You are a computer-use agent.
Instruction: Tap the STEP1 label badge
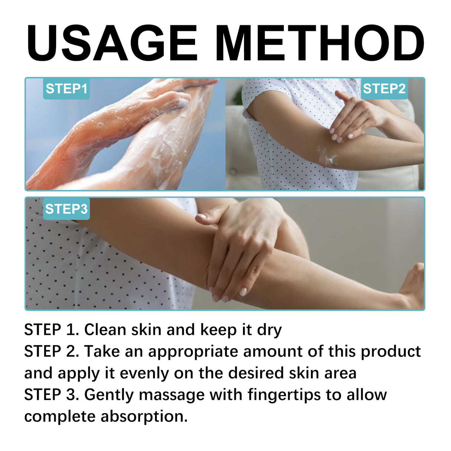66,89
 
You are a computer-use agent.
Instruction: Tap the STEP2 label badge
384,89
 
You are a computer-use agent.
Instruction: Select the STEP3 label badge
66,209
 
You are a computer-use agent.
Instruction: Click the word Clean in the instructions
105,330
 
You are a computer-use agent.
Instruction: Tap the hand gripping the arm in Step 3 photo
238,245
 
